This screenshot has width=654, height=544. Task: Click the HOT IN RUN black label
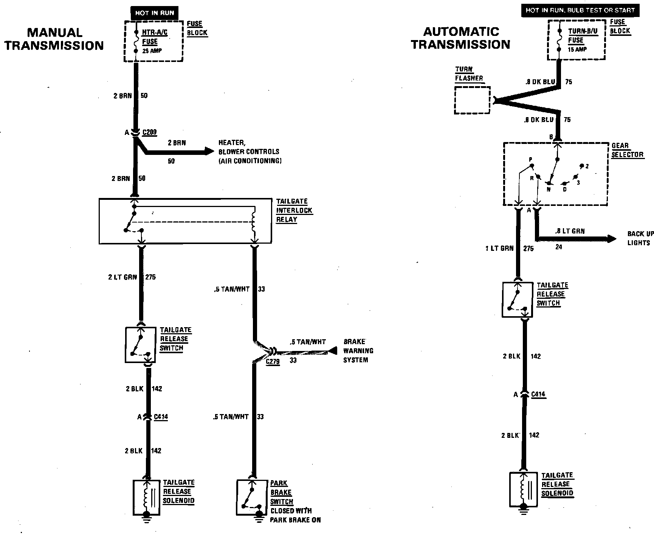click(154, 13)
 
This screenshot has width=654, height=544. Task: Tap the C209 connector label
click(150, 132)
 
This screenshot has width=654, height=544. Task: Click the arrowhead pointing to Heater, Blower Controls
click(209, 151)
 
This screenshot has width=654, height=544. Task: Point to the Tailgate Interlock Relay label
click(294, 210)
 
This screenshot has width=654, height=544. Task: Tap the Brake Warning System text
click(358, 351)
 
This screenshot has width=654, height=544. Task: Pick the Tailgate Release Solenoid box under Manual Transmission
click(147, 497)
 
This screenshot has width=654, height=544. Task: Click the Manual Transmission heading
click(54, 39)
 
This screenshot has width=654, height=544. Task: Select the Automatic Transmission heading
click(460, 38)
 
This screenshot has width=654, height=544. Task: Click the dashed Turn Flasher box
click(472, 100)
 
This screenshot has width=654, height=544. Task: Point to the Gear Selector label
click(627, 150)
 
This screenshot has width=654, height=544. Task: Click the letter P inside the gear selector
click(530, 160)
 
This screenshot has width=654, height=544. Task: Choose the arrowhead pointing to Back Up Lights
click(611, 239)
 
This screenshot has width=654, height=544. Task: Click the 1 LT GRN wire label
click(499, 248)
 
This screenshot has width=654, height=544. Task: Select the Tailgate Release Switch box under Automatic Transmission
click(517, 300)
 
